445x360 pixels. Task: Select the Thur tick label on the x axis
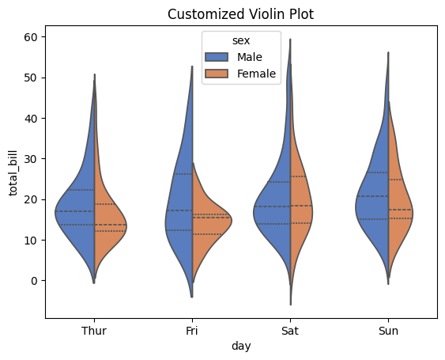point(94,332)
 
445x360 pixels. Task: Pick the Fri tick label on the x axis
point(192,332)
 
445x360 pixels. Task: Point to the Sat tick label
point(290,332)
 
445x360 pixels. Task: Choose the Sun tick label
point(388,332)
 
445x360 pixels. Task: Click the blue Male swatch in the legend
point(216,57)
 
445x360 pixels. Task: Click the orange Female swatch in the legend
point(216,74)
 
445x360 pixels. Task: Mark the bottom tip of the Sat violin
point(290,304)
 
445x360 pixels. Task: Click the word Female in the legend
point(257,74)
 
